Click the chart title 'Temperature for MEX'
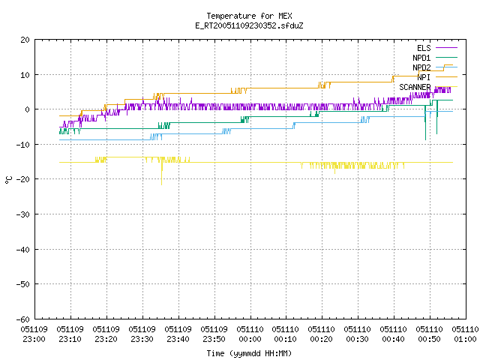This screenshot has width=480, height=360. (249, 16)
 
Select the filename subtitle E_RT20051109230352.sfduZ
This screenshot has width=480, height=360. (249, 25)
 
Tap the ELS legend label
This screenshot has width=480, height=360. (424, 48)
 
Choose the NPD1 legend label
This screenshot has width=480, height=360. (421, 58)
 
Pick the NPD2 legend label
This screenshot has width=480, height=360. (421, 67)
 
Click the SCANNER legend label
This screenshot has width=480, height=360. (415, 87)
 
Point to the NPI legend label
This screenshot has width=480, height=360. (424, 77)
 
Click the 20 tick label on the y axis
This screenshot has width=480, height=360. (25, 40)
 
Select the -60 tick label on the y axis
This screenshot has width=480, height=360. (23, 319)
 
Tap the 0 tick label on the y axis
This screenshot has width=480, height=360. (28, 109)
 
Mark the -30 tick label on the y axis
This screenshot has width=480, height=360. (23, 214)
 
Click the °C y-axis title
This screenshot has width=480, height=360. (8, 180)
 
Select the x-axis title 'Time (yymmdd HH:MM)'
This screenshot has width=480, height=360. (249, 353)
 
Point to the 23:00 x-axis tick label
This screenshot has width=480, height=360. (34, 339)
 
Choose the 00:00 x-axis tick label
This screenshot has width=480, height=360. (250, 339)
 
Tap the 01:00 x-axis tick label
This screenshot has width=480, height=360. (465, 339)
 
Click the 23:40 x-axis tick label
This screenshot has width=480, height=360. (178, 339)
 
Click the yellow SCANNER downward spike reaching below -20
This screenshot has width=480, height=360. (162, 174)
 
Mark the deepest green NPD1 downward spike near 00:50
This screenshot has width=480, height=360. (425, 123)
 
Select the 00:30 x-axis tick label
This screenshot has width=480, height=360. (358, 339)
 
